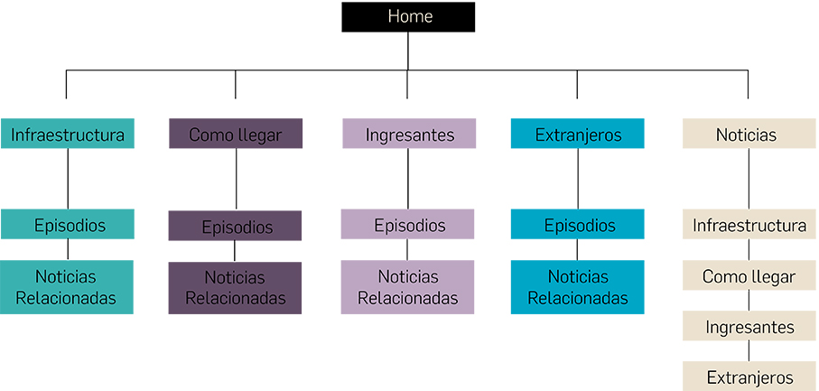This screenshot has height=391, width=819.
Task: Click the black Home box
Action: (408, 17)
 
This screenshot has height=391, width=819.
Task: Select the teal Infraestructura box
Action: (68, 135)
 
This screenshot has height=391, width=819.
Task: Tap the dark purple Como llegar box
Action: (236, 135)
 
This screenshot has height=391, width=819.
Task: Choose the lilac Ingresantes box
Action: (409, 135)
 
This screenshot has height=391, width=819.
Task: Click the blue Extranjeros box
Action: (578, 135)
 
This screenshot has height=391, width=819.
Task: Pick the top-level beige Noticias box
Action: (747, 135)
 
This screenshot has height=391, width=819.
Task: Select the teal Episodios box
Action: (68, 225)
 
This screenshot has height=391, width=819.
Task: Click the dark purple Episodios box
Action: (236, 226)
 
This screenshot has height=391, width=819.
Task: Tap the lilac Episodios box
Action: (408, 225)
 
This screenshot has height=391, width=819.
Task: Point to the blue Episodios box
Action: (578, 225)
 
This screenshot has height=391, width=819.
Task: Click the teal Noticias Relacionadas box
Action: (67, 287)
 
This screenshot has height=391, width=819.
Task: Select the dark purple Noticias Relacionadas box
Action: (235, 288)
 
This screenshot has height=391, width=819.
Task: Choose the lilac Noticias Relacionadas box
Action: (407, 287)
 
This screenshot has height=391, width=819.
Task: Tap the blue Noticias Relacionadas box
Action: (578, 287)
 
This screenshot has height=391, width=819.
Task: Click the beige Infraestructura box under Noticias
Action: (749, 225)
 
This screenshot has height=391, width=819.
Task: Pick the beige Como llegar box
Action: (749, 276)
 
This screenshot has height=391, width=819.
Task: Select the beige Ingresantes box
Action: (749, 326)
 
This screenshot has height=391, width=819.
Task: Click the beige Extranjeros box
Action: (749, 377)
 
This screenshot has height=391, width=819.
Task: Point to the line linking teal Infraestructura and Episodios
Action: (68, 179)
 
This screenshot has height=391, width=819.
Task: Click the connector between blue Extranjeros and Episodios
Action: (578, 179)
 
